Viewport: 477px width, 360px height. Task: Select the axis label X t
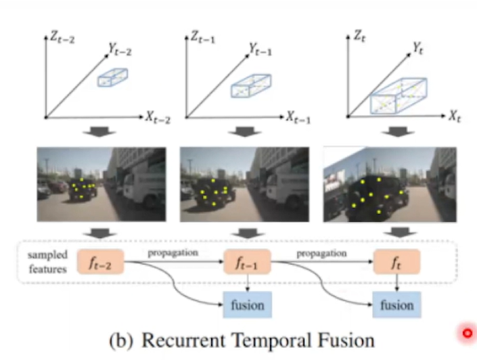[455, 116]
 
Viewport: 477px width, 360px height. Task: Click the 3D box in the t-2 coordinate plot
[113, 78]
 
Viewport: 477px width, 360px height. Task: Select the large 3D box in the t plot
[399, 95]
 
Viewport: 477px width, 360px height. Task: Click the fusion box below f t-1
[246, 305]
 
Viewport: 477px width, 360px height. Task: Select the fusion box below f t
[396, 305]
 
